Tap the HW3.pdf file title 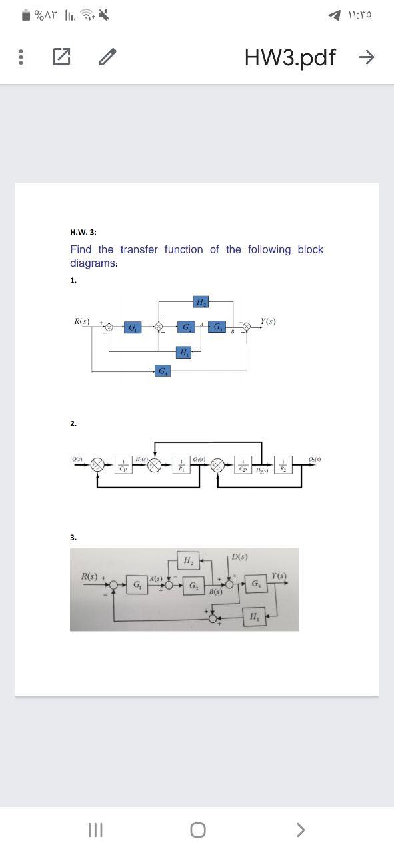pos(290,58)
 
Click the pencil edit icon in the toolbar pos(105,58)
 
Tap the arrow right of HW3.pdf pos(366,58)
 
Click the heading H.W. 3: pos(83,232)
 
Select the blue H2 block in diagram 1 pos(201,302)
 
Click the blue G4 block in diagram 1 pos(163,370)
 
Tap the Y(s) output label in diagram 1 pos(269,321)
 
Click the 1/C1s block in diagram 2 pos(123,464)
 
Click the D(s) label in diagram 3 pos(240,556)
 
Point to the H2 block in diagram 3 pos(187,560)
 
